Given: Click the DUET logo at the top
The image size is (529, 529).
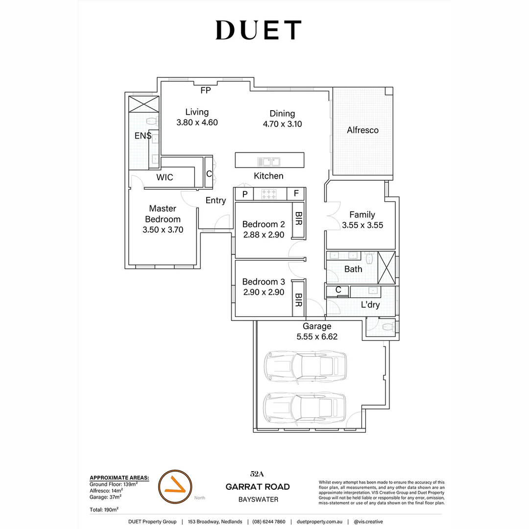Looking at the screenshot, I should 258,30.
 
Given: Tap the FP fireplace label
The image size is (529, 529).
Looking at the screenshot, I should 205,90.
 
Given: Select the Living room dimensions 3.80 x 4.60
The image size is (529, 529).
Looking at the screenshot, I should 197,122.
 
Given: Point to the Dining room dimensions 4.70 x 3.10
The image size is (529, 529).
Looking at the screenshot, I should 282,124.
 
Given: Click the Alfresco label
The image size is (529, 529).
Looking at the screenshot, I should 362,130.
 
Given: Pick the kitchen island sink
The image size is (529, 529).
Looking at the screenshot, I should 269,161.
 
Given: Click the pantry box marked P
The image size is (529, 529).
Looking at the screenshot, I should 244,194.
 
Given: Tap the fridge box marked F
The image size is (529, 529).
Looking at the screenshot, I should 296,194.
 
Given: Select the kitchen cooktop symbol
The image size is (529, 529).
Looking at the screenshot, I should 269,194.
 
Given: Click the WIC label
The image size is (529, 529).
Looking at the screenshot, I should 165,177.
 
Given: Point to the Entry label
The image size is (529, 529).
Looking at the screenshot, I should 216,200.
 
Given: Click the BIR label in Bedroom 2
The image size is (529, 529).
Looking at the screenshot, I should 297,218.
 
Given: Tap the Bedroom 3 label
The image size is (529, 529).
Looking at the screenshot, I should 264,282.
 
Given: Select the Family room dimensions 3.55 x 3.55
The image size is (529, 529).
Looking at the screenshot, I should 362,225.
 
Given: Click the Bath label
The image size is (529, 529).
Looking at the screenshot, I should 353,269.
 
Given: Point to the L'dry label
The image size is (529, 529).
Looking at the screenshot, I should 370,305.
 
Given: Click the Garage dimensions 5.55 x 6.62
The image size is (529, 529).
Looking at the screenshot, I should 317,337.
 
